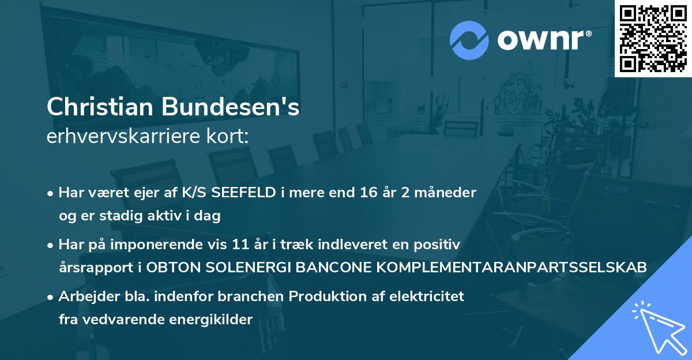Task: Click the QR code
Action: pyautogui.click(x=652, y=39)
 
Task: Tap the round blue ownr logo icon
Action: pyautogui.click(x=468, y=39)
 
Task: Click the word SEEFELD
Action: pyautogui.click(x=245, y=193)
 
